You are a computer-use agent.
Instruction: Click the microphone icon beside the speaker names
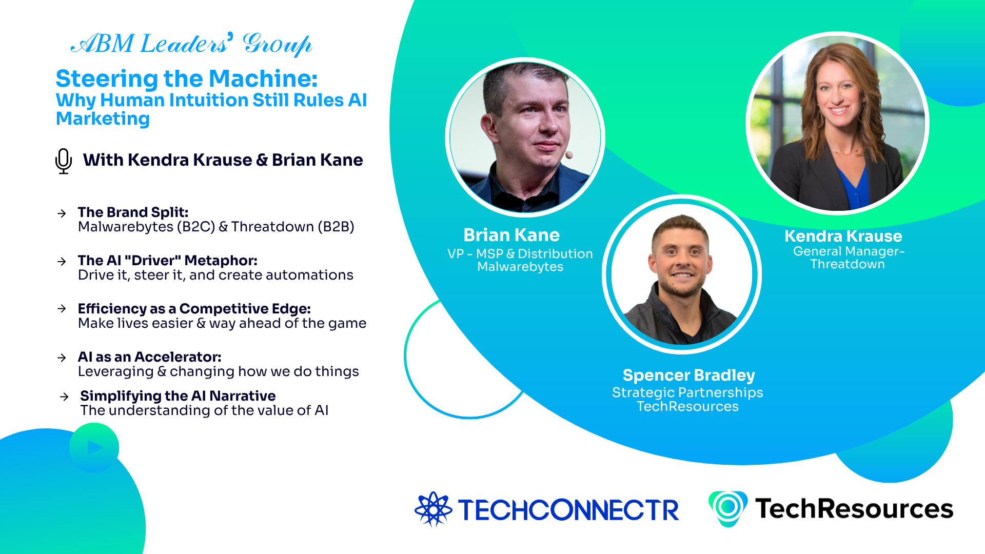click(x=64, y=161)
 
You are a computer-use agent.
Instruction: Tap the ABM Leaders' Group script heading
click(x=191, y=44)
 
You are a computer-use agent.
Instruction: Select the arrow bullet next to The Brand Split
click(x=62, y=213)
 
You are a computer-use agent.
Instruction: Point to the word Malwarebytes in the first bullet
click(x=125, y=227)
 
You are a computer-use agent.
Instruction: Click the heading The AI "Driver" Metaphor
click(x=167, y=261)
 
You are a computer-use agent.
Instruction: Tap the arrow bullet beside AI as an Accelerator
click(x=62, y=358)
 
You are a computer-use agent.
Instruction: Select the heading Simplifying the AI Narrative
click(x=178, y=396)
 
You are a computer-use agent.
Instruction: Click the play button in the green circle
click(x=94, y=448)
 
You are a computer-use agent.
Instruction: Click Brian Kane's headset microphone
click(x=568, y=154)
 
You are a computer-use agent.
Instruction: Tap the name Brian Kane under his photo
click(x=511, y=235)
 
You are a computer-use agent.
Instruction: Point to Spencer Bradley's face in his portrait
click(x=681, y=256)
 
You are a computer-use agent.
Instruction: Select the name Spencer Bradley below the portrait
click(x=688, y=375)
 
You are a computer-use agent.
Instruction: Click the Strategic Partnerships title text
click(x=687, y=392)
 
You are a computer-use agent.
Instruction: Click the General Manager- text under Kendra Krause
click(x=849, y=251)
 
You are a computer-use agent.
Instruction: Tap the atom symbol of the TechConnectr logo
click(x=433, y=509)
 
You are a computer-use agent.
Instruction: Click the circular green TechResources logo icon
click(x=727, y=508)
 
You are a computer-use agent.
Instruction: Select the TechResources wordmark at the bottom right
click(x=854, y=509)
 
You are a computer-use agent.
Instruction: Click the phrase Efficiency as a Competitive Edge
click(x=194, y=309)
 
